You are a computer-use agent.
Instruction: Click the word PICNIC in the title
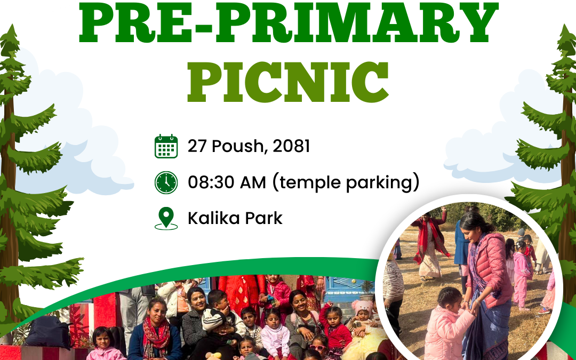(288, 82)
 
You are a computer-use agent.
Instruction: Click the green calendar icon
(166, 146)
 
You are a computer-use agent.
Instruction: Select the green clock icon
(166, 182)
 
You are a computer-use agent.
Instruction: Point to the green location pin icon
(166, 218)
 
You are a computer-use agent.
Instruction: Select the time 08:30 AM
(227, 182)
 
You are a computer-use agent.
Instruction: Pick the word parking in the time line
(381, 183)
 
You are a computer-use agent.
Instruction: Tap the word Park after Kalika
(264, 218)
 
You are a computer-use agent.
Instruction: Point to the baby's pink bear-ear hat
(362, 307)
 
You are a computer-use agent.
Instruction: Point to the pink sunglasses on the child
(317, 348)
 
